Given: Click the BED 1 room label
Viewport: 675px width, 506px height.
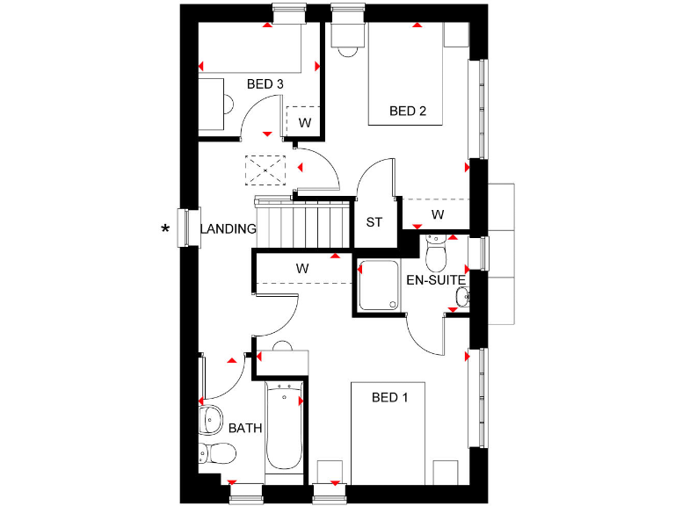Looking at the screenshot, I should tap(390, 398).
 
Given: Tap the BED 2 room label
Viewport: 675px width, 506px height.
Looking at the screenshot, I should tap(408, 111).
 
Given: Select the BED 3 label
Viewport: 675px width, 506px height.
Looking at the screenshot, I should tap(265, 84).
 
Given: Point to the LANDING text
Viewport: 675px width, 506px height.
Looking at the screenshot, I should tap(228, 229).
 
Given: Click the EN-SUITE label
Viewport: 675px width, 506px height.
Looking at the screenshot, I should tap(436, 281).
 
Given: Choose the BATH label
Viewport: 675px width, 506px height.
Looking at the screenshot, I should tap(245, 429).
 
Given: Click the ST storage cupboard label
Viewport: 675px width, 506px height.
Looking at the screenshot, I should tap(374, 221).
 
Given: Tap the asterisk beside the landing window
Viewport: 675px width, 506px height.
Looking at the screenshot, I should tap(164, 231).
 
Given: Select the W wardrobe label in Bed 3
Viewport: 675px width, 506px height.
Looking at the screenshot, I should tap(304, 122).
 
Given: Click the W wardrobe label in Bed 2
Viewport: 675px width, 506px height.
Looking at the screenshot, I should tap(437, 214).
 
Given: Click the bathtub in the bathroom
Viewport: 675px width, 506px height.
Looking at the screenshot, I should tap(283, 427).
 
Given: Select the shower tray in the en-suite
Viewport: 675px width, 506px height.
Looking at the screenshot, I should tap(379, 286).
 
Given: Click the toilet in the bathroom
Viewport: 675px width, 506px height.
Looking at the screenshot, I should tap(216, 454).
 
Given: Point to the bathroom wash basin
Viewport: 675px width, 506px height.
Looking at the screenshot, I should tap(210, 421).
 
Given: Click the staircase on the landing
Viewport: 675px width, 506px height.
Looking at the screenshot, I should tap(302, 224).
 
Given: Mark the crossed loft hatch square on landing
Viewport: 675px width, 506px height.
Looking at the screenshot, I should tap(267, 170).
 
